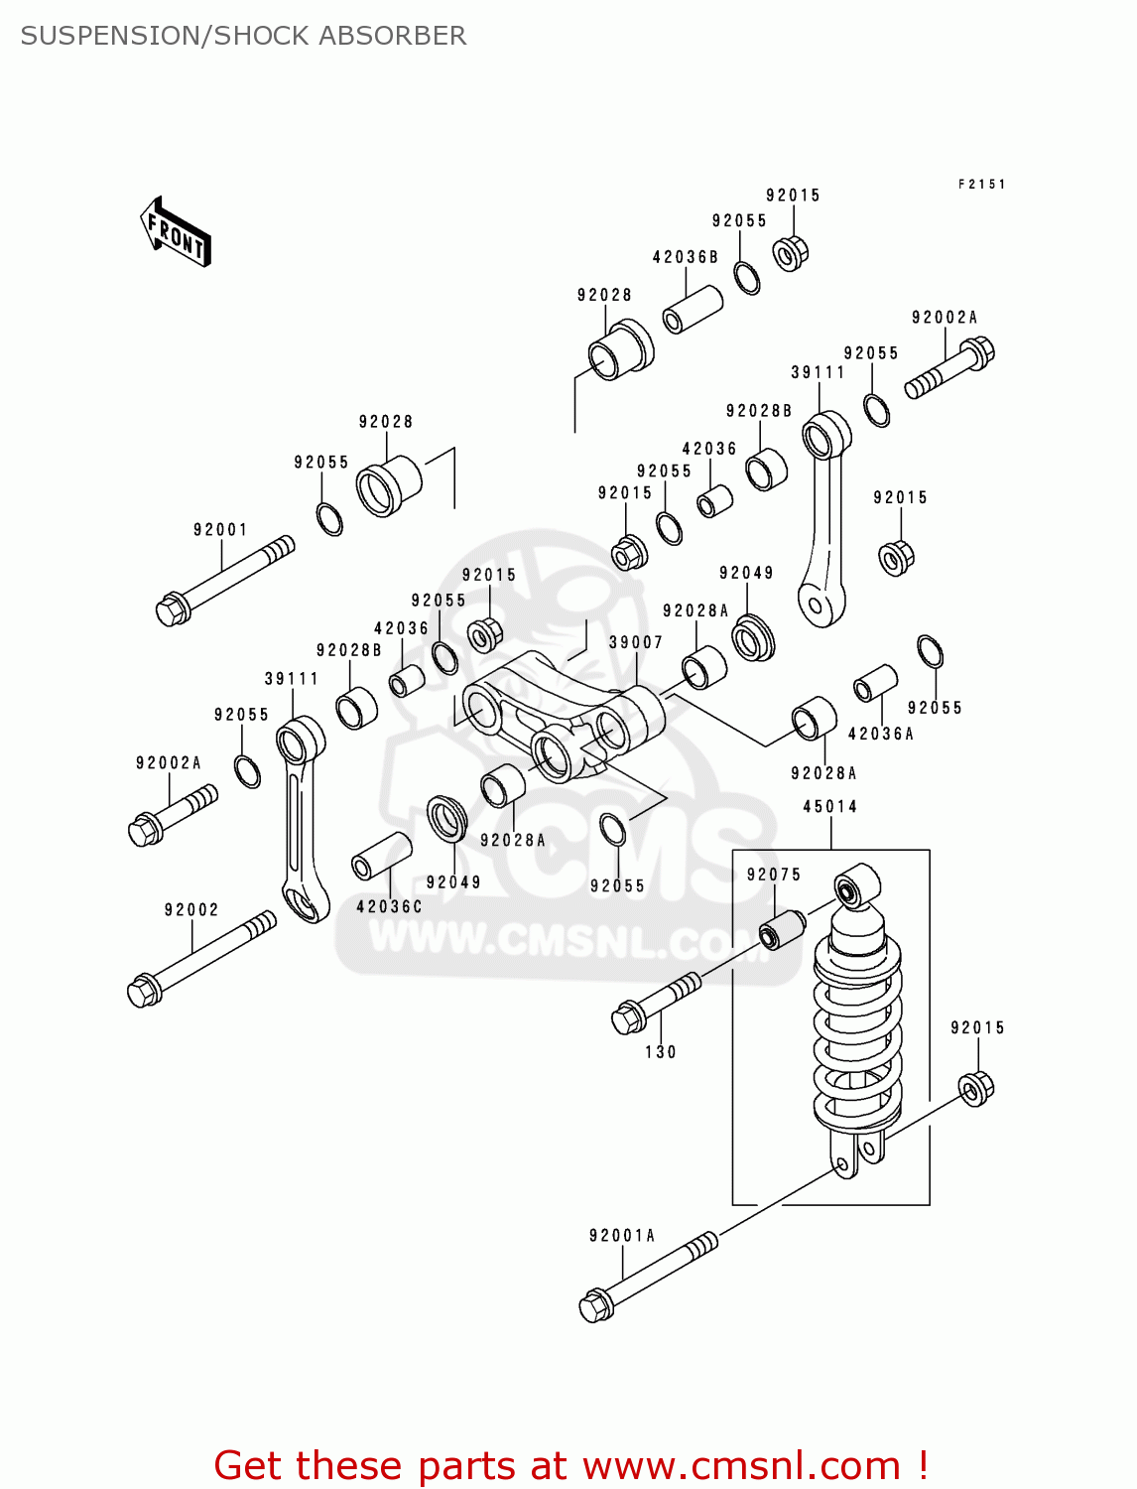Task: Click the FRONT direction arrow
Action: [176, 232]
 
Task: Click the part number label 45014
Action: [829, 807]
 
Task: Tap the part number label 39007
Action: [635, 641]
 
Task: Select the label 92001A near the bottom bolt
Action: [622, 1236]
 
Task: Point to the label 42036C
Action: [389, 907]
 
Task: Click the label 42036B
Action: [685, 257]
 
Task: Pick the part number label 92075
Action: [774, 875]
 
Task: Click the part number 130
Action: [661, 1052]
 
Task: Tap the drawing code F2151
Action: [982, 184]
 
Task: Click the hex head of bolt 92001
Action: [172, 609]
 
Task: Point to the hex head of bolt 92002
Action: [144, 992]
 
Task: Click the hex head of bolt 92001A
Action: [596, 1304]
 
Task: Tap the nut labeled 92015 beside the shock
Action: [976, 1089]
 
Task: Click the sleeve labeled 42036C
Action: [382, 857]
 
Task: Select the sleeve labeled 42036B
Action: [693, 310]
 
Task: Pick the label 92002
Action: [191, 909]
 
